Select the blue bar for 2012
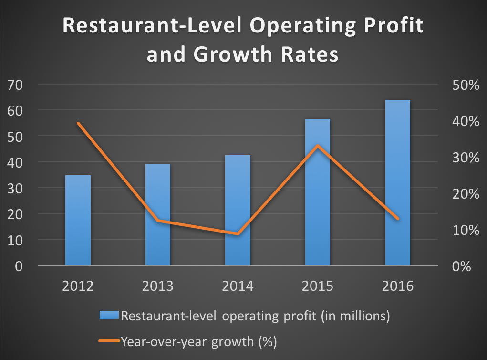point(78,220)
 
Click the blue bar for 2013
point(158,215)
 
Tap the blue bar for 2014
point(238,210)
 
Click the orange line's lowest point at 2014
point(238,234)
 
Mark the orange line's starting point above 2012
point(78,123)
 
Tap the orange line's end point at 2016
point(397,219)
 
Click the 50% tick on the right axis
point(463,85)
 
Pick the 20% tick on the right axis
point(463,194)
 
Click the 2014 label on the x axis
point(238,286)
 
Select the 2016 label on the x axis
point(398,286)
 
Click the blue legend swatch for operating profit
point(109,316)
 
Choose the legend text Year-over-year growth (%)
point(199,341)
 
